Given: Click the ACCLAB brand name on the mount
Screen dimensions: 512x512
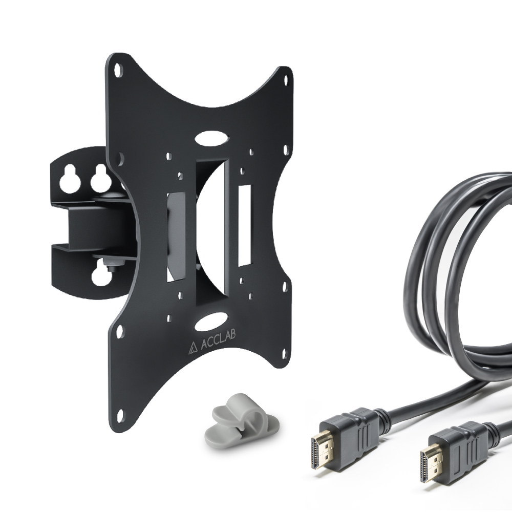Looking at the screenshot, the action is coord(218,339).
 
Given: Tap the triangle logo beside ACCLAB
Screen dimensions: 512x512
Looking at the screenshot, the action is coord(193,348).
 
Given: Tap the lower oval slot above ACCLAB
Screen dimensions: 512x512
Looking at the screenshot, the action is coord(211,322).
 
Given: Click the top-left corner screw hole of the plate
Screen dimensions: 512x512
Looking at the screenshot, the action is coord(117,70).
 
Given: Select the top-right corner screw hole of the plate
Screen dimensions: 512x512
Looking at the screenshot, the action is coord(286,80).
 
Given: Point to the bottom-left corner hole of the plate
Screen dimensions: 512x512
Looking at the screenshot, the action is coord(120,415).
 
